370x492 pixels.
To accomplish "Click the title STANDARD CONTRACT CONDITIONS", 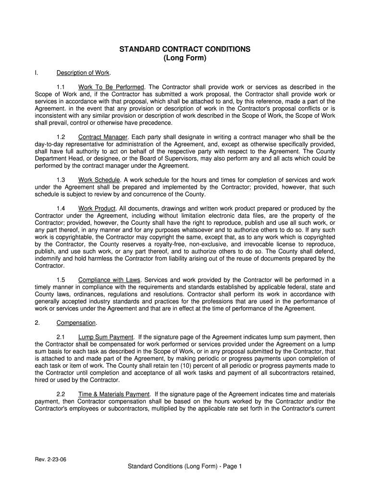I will click(x=185, y=49).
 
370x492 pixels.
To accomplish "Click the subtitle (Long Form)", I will click(x=185, y=59).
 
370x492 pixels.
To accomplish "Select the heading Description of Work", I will click(x=83, y=73).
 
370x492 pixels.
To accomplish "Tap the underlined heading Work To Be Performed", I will click(x=111, y=87).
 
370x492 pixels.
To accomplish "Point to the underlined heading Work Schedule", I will click(x=99, y=180).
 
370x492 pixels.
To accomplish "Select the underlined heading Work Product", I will click(x=97, y=208).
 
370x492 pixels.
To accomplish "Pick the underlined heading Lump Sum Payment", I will click(x=106, y=337).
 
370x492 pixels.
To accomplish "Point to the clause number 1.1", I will click(x=61, y=87).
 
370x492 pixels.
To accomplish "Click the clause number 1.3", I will click(x=61, y=180).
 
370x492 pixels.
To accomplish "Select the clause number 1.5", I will click(x=61, y=280).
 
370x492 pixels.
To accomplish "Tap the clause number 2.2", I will click(x=61, y=394).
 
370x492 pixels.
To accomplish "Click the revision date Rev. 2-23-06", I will click(x=50, y=459).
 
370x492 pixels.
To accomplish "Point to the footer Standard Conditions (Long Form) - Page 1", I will click(x=185, y=467).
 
